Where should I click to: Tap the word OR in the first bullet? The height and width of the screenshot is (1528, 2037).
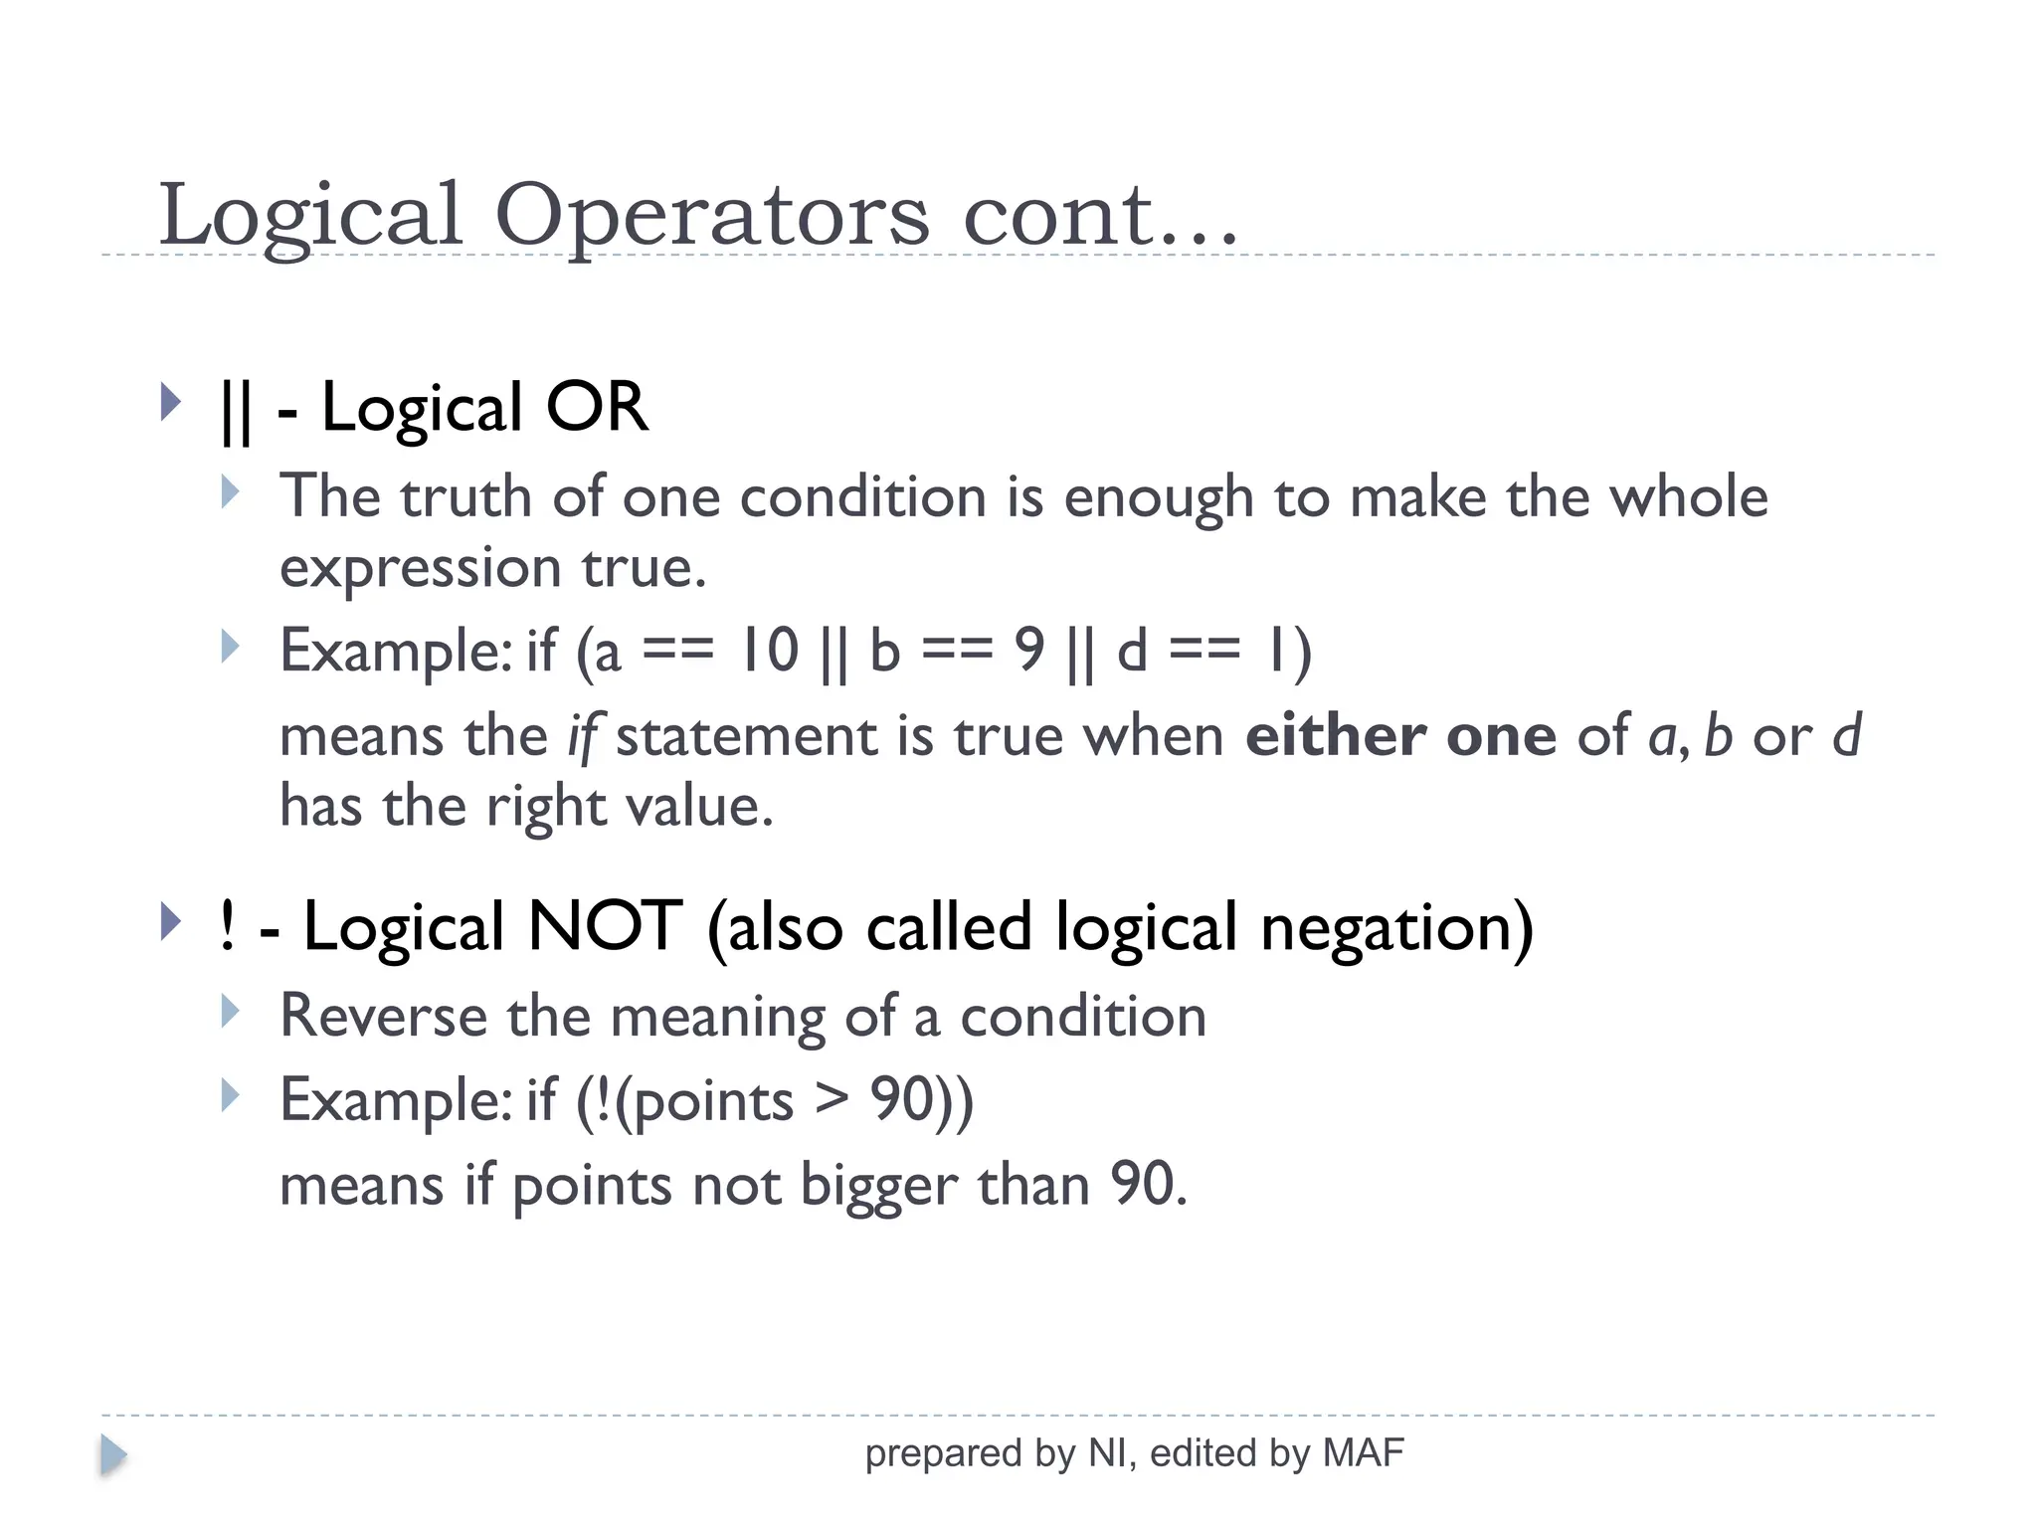[x=597, y=408]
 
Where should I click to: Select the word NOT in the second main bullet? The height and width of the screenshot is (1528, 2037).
[x=605, y=926]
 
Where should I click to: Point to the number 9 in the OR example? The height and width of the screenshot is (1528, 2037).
[x=1029, y=651]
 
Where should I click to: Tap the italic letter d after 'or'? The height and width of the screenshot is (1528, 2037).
[x=1846, y=736]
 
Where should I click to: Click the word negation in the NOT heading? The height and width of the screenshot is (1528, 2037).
[x=1395, y=928]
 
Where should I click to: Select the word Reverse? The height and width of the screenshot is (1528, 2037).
[x=384, y=1017]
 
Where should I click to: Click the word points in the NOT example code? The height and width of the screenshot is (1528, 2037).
[x=712, y=1102]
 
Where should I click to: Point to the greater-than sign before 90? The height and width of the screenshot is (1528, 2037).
[x=832, y=1100]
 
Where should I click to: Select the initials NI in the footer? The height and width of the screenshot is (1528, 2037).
[x=1107, y=1453]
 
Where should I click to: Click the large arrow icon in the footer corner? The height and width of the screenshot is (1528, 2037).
[x=113, y=1455]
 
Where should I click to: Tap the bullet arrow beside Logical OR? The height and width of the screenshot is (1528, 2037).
[x=171, y=403]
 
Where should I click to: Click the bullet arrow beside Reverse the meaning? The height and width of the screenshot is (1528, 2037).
[x=231, y=1012]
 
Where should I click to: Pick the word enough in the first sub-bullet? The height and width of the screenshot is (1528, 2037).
[x=1158, y=497]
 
